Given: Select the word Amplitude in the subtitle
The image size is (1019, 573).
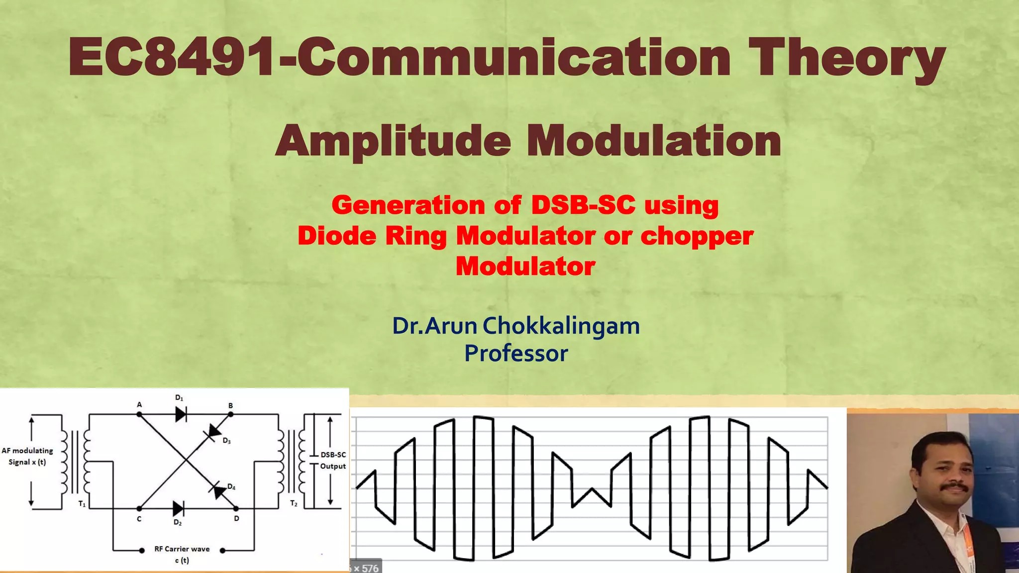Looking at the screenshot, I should pos(393,141).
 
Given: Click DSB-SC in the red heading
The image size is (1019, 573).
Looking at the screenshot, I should pos(583,205).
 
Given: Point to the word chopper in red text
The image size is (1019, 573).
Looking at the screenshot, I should pos(697,236).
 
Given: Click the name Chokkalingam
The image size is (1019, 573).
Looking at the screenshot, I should pos(561,326).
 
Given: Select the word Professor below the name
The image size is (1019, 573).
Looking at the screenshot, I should pos(516,354).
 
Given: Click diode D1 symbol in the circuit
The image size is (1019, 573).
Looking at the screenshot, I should pos(181,414).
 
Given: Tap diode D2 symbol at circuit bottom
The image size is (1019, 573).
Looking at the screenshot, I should pos(178,509).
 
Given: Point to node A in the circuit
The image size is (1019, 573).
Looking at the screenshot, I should pos(139,414).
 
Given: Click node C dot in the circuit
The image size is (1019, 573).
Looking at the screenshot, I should pos(139,509).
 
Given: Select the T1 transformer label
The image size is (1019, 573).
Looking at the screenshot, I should pos(82,504).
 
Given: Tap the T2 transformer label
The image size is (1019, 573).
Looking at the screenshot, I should pos(294,503).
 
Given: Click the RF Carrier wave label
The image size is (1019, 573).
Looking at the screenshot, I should pos(182,549).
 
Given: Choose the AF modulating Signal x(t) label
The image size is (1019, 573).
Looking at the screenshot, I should pos(27,456).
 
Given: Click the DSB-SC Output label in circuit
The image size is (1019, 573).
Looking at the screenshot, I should pos(333,460).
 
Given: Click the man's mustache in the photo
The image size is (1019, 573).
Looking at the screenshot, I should pos(954,487).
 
